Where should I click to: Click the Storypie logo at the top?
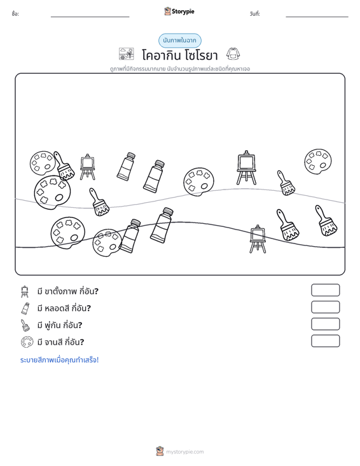pos(179,11)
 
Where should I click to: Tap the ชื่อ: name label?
pos(15,14)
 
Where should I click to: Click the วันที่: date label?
pos(255,14)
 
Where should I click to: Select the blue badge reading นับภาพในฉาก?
pos(179,41)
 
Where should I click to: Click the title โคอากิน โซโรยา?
pos(180,55)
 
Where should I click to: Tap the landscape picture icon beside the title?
pos(127,54)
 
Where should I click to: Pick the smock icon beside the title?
pos(233,54)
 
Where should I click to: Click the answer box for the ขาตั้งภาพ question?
pos(325,290)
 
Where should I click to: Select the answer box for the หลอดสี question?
pos(325,307)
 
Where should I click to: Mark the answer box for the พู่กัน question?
pos(325,324)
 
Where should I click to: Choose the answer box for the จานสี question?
pos(325,341)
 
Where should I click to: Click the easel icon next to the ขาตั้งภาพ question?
pos(25,291)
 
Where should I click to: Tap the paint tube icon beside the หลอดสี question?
pos(25,308)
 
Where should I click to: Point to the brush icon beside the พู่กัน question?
pos(25,325)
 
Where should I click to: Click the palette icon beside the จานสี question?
pos(27,342)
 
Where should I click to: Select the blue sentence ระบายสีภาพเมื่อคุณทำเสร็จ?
pos(59,360)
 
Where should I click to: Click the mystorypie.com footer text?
pos(184,452)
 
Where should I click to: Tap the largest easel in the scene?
pos(246,168)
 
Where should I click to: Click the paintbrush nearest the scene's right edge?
pos(326,221)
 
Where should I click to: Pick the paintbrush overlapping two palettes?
pos(64,166)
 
